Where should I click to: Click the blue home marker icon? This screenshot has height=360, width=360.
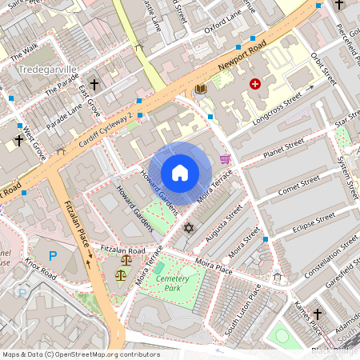[180, 173]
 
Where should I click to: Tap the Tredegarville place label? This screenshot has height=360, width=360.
[46, 70]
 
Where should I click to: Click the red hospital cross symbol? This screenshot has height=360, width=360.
[255, 83]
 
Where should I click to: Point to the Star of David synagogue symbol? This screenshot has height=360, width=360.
[189, 229]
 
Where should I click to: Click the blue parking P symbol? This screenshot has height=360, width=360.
[53, 256]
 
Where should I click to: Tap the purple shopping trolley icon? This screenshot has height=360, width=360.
[225, 159]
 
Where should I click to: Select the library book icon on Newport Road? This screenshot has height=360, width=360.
[200, 89]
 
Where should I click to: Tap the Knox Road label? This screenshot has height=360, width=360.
[40, 269]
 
